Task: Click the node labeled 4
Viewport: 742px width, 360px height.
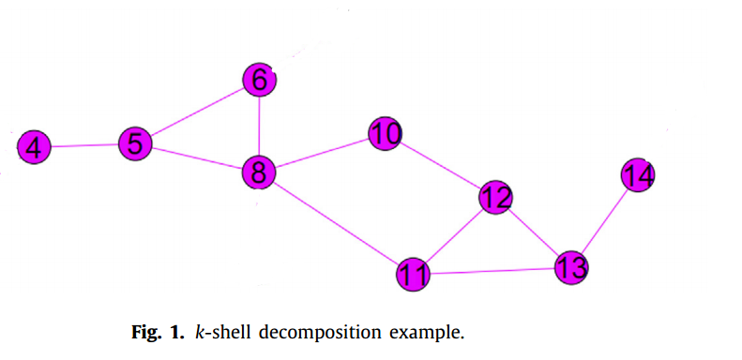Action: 34,147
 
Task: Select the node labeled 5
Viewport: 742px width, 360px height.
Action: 135,144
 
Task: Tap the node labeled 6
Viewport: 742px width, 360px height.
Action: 259,81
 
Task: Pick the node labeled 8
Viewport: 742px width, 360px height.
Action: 258,172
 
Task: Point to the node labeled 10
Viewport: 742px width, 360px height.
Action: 385,135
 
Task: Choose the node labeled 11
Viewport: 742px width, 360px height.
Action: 413,275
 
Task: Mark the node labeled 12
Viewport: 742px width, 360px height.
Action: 495,197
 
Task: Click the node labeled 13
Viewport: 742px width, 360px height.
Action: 570,267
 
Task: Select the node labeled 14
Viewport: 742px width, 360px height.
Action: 638,175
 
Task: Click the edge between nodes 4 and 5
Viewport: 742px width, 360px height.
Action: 84,145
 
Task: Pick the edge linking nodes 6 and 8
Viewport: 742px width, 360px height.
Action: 259,127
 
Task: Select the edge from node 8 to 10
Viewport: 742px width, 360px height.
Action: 321,154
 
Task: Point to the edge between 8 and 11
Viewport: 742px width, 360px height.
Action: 335,223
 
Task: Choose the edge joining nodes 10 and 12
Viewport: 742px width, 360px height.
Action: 440,166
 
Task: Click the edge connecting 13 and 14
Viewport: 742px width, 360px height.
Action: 604,221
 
